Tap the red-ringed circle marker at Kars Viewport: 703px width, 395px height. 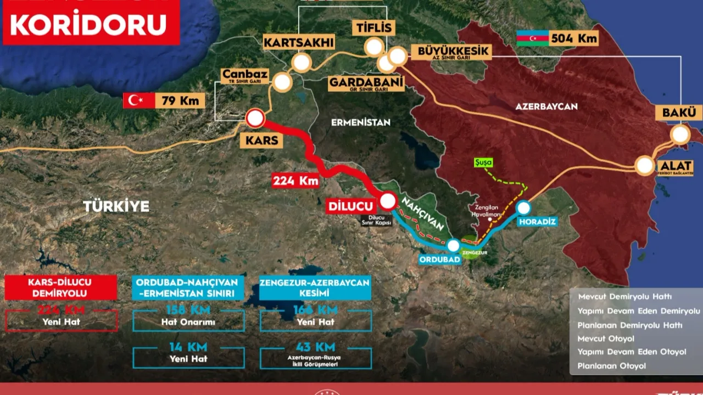coord(255,118)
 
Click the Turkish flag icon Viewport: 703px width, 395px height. coord(136,100)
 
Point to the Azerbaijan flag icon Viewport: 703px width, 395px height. coord(532,38)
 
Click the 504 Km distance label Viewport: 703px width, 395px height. coord(573,38)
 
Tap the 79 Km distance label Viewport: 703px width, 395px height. coord(180,101)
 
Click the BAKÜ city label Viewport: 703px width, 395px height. coord(679,112)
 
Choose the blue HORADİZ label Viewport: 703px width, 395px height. coord(537,222)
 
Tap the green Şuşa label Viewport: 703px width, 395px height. coord(484,163)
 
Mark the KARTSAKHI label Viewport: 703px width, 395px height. coord(292,42)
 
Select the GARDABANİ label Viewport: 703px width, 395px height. coord(366,83)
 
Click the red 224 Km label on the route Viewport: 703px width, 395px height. coord(295,180)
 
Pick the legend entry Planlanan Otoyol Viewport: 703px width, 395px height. coord(611,365)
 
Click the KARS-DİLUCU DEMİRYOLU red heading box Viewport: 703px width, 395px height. coord(61,287)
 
